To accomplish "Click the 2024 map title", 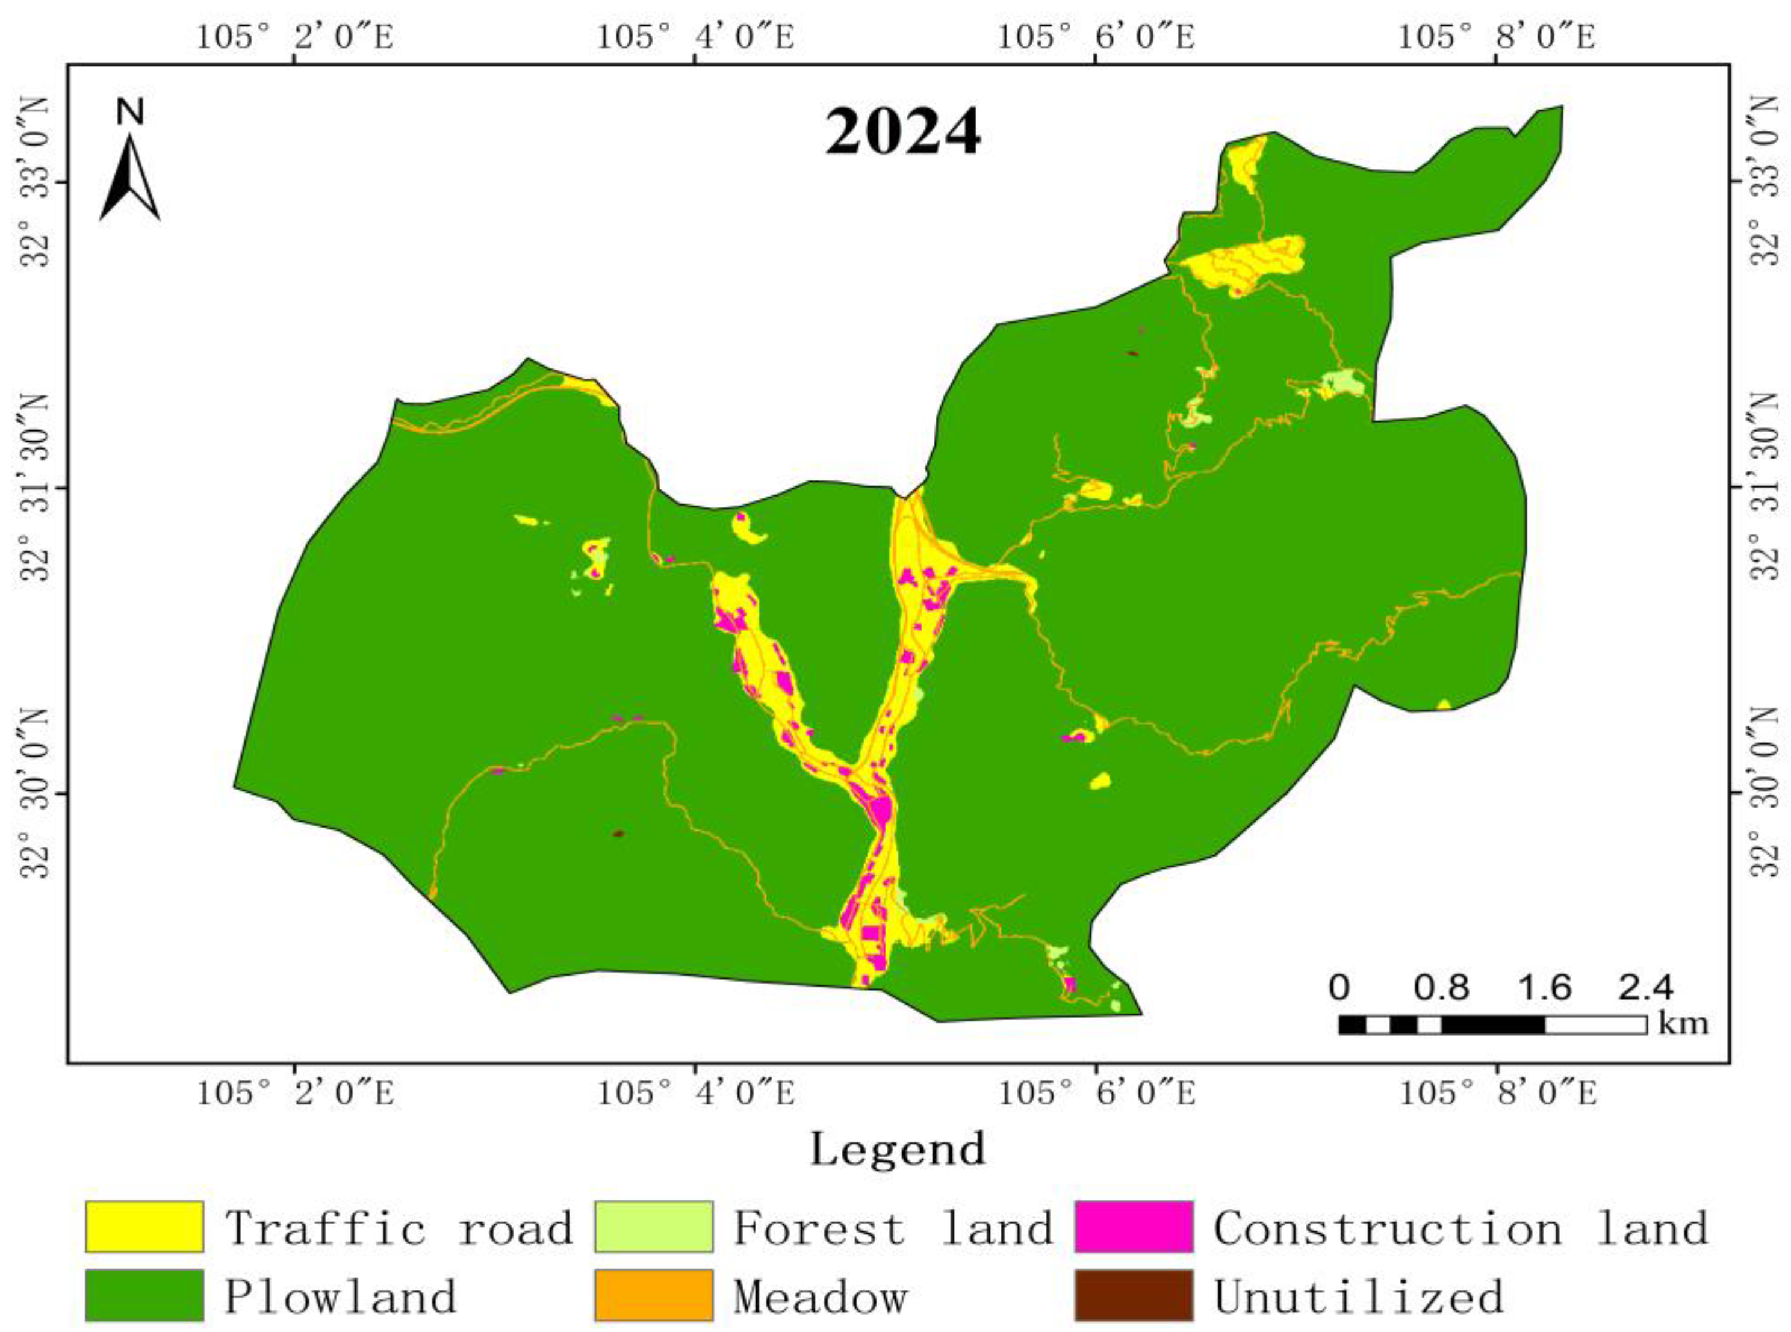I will [x=902, y=131].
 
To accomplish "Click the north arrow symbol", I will [x=130, y=169].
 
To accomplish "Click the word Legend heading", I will [x=898, y=1149].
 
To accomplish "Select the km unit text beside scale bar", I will [x=1683, y=1024].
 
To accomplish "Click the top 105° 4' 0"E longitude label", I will [x=695, y=36].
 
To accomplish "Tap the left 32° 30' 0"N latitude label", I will [x=36, y=794].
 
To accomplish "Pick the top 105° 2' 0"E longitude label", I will [x=295, y=36].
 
